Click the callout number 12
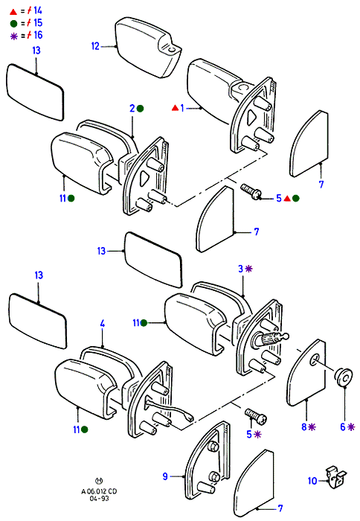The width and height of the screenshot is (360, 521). point(95,46)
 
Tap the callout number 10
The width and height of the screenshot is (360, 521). point(312,481)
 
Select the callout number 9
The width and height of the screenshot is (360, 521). point(165,476)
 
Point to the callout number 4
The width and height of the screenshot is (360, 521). point(103,323)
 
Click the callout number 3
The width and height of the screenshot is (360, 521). point(241,269)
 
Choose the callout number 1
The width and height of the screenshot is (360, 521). point(182,108)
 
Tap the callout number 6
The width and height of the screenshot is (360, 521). point(343,426)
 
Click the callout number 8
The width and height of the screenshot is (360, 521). point(304,426)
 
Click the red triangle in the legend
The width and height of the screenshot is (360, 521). point(13,12)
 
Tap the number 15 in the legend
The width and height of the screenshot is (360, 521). point(38,22)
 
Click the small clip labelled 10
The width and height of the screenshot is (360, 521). point(335,477)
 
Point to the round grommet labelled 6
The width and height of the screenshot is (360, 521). point(344,377)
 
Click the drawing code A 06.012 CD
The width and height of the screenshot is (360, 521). point(99,491)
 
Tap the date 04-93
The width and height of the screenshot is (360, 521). point(99,498)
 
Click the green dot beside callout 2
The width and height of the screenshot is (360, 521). point(140,109)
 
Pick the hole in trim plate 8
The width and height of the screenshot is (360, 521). point(314,360)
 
